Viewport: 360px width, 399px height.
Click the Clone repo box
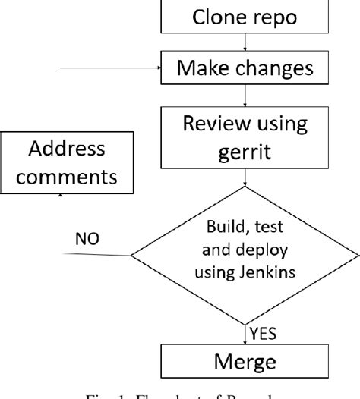click(x=245, y=17)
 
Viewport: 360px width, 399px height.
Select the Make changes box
click(x=245, y=70)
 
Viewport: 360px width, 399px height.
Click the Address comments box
click(x=68, y=163)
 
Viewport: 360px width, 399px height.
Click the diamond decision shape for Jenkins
click(x=245, y=254)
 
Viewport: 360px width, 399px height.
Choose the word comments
click(x=68, y=178)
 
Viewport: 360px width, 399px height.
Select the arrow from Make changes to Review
click(x=245, y=96)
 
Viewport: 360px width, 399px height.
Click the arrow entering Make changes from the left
click(x=114, y=70)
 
